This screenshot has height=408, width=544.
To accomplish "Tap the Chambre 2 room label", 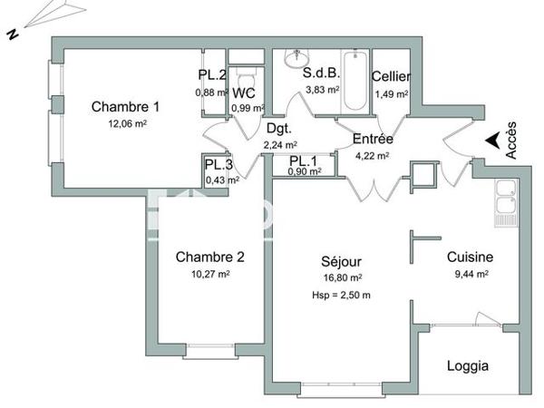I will coord(209,257).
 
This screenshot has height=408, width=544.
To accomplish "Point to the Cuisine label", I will coord(470,257).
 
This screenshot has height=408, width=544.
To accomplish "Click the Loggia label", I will coord(468,366).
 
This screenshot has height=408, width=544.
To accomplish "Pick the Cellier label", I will coord(391,77).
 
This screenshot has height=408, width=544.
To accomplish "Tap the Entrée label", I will coord(372,139).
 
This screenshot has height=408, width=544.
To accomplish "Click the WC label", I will coord(243,93).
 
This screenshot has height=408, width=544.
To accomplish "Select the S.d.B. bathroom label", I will coord(321,73).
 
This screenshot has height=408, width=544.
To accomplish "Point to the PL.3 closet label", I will coord(219,165).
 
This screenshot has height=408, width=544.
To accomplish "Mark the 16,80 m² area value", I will coord(344,278).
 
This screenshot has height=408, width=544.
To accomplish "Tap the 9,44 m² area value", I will coord(470,273).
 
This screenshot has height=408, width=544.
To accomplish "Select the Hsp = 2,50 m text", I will coord(340,296).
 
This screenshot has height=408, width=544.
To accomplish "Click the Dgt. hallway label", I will coord(277,129).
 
